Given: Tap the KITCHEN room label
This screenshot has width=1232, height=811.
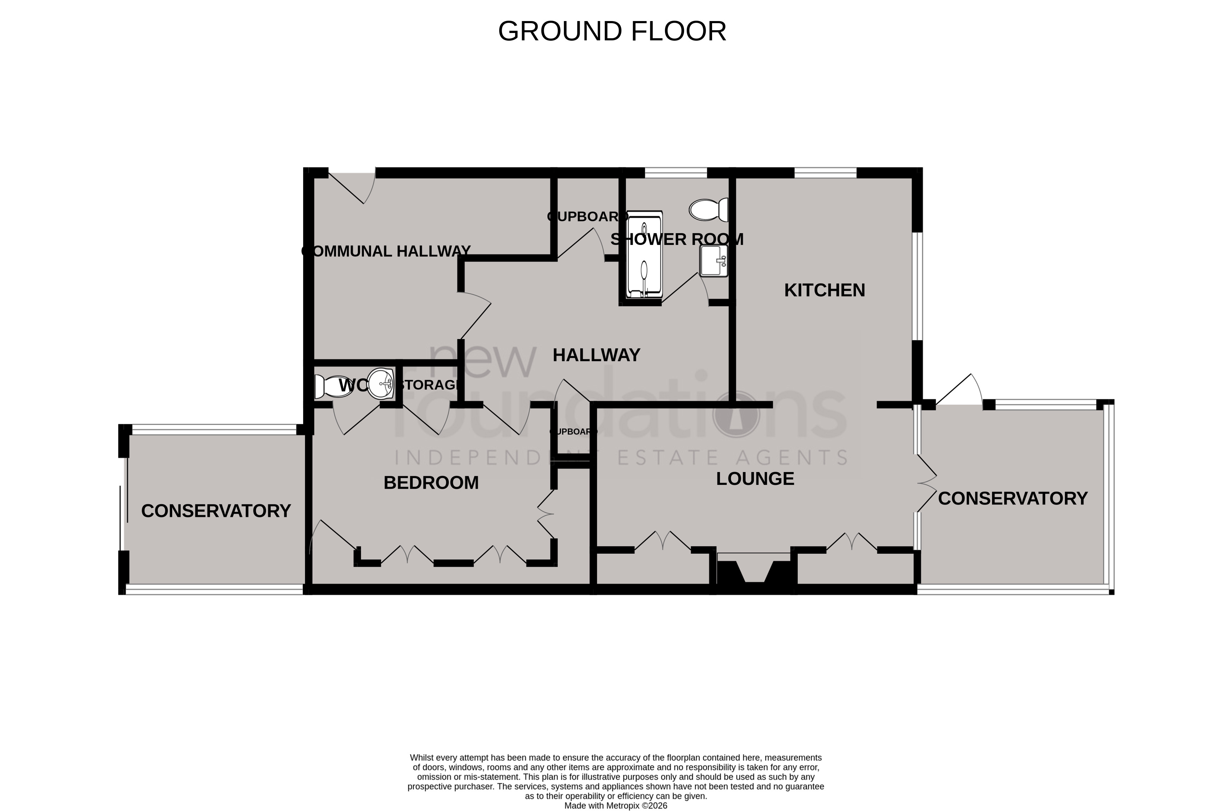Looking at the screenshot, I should [824, 290].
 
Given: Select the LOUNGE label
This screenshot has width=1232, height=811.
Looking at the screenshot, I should [755, 479].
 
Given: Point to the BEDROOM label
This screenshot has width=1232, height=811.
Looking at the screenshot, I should [431, 483].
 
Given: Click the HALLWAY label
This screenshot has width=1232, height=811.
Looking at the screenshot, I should [597, 355].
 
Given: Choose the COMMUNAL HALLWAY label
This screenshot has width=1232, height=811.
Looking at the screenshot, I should [386, 251].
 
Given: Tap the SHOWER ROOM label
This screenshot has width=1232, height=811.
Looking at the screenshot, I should [677, 239].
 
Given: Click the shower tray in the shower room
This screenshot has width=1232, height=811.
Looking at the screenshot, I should [644, 254].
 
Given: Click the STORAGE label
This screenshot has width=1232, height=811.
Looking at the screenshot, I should [430, 385].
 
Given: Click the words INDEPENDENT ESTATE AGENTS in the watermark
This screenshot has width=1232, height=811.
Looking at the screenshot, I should [621, 457].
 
